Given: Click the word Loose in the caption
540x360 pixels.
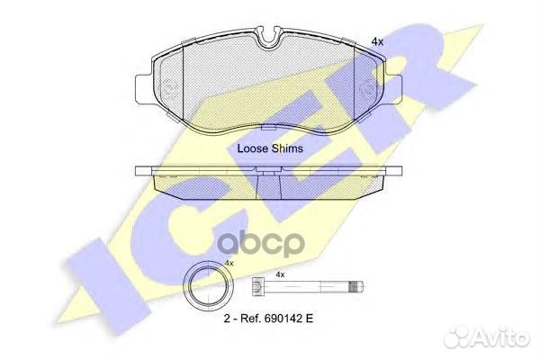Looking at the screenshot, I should tap(252, 148).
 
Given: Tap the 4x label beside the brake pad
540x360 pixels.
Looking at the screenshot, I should tap(378, 41).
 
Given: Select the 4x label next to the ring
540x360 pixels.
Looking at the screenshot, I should tap(229, 262).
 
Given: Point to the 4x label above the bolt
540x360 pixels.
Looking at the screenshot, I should tap(280, 274).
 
